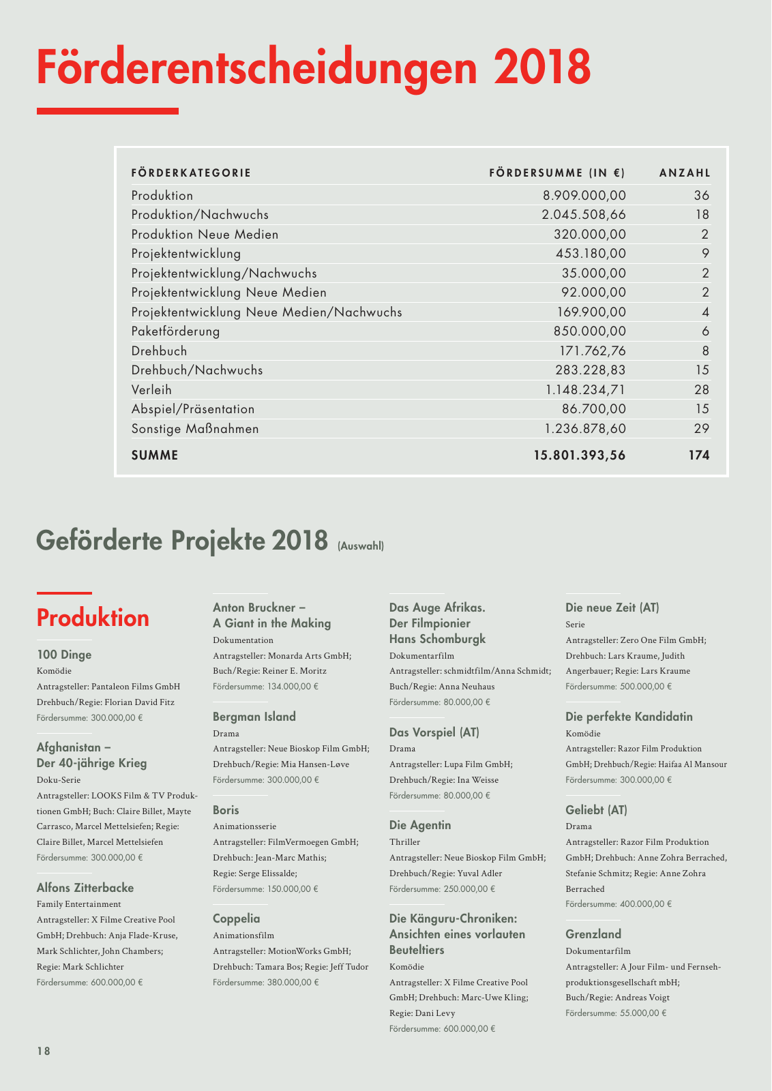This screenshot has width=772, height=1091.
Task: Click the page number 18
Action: click(x=44, y=1051)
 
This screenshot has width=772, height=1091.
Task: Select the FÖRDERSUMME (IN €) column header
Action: click(x=556, y=173)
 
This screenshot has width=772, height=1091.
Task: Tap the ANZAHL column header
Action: click(x=684, y=173)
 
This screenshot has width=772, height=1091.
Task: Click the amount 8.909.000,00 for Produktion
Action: click(x=584, y=196)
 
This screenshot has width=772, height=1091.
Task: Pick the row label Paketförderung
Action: click(x=175, y=332)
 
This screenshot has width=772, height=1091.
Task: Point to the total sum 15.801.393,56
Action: click(x=580, y=455)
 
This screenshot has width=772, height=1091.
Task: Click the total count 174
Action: click(x=698, y=455)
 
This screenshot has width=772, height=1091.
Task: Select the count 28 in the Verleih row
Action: click(x=701, y=390)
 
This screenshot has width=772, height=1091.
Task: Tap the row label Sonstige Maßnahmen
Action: click(x=195, y=429)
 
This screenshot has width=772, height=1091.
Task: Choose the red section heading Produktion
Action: click(x=93, y=618)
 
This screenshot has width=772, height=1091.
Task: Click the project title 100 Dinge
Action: click(x=63, y=655)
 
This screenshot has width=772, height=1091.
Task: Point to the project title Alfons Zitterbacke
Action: click(x=85, y=888)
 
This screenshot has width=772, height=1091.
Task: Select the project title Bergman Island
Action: click(x=254, y=717)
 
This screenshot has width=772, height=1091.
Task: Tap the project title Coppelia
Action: click(x=236, y=918)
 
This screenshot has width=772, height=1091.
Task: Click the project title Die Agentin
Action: click(x=419, y=825)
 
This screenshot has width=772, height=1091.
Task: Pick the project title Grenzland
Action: click(x=593, y=934)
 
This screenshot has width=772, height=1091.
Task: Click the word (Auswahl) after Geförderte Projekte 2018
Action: click(x=361, y=546)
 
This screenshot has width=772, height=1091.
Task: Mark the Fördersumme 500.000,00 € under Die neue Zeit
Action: click(x=619, y=687)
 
